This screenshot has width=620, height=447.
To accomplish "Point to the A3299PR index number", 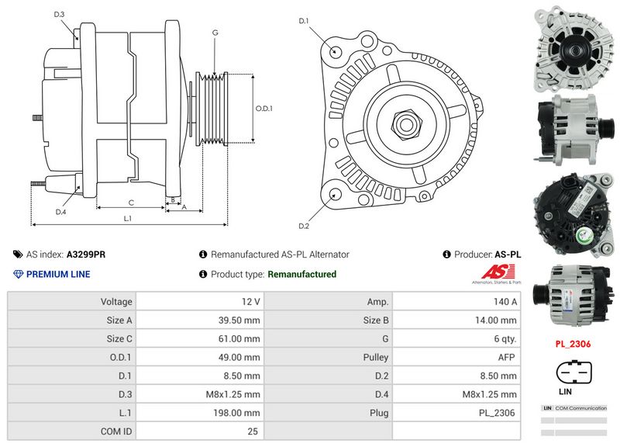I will click(86, 254).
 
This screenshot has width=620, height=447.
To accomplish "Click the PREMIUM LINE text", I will click(58, 274).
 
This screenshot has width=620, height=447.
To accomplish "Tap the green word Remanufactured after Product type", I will click(301, 274).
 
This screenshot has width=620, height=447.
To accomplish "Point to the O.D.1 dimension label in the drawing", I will click(264, 108).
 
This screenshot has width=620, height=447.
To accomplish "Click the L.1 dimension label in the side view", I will click(128, 219).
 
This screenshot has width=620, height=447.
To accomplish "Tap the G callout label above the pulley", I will click(214, 33).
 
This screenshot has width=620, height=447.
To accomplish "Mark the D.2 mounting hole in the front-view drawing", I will click(335, 195).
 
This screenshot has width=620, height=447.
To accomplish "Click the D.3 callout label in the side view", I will click(60, 15).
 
